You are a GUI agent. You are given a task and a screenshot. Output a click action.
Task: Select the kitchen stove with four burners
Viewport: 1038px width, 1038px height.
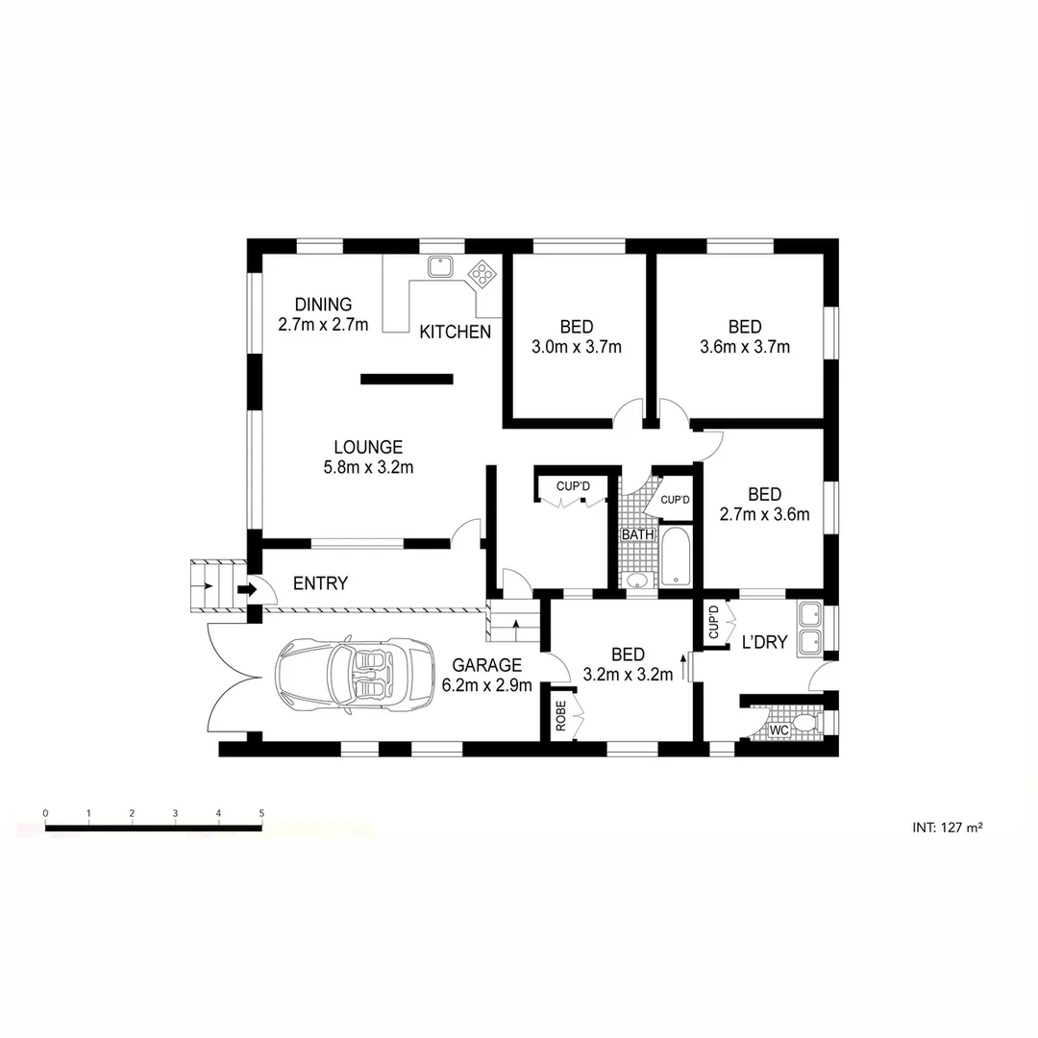point(482,274)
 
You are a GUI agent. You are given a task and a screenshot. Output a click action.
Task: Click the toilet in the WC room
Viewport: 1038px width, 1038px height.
point(803,721)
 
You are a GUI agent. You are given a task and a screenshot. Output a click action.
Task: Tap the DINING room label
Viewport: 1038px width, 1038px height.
point(323,306)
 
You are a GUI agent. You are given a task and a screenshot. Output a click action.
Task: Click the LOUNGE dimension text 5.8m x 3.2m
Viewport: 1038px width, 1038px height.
point(367,468)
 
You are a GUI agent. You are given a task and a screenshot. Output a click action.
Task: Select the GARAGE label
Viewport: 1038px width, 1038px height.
point(486,665)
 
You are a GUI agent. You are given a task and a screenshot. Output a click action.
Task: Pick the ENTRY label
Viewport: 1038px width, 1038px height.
point(320,583)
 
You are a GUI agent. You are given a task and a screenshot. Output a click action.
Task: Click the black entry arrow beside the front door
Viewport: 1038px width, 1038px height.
point(247,589)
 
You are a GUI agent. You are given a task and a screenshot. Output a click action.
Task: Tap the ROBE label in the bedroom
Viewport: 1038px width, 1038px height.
point(560,717)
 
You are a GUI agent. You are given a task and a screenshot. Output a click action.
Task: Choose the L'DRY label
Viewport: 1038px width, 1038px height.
point(765,642)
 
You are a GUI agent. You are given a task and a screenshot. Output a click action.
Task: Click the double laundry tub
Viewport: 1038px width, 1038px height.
point(809,626)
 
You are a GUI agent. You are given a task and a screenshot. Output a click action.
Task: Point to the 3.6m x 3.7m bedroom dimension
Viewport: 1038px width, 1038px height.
point(745,347)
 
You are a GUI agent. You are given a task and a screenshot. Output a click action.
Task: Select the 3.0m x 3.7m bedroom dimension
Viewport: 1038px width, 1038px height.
point(577,347)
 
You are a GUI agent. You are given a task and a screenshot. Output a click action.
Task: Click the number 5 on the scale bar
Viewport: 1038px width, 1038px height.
point(261,813)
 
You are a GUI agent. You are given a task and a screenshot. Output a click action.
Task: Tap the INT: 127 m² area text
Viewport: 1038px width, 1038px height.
point(947,827)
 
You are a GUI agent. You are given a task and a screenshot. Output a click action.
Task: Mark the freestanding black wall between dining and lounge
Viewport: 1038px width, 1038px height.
point(406,379)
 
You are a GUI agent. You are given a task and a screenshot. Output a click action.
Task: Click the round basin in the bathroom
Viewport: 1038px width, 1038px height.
point(635,580)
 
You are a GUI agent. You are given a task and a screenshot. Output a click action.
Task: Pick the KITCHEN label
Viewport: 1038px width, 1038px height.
point(456,333)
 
